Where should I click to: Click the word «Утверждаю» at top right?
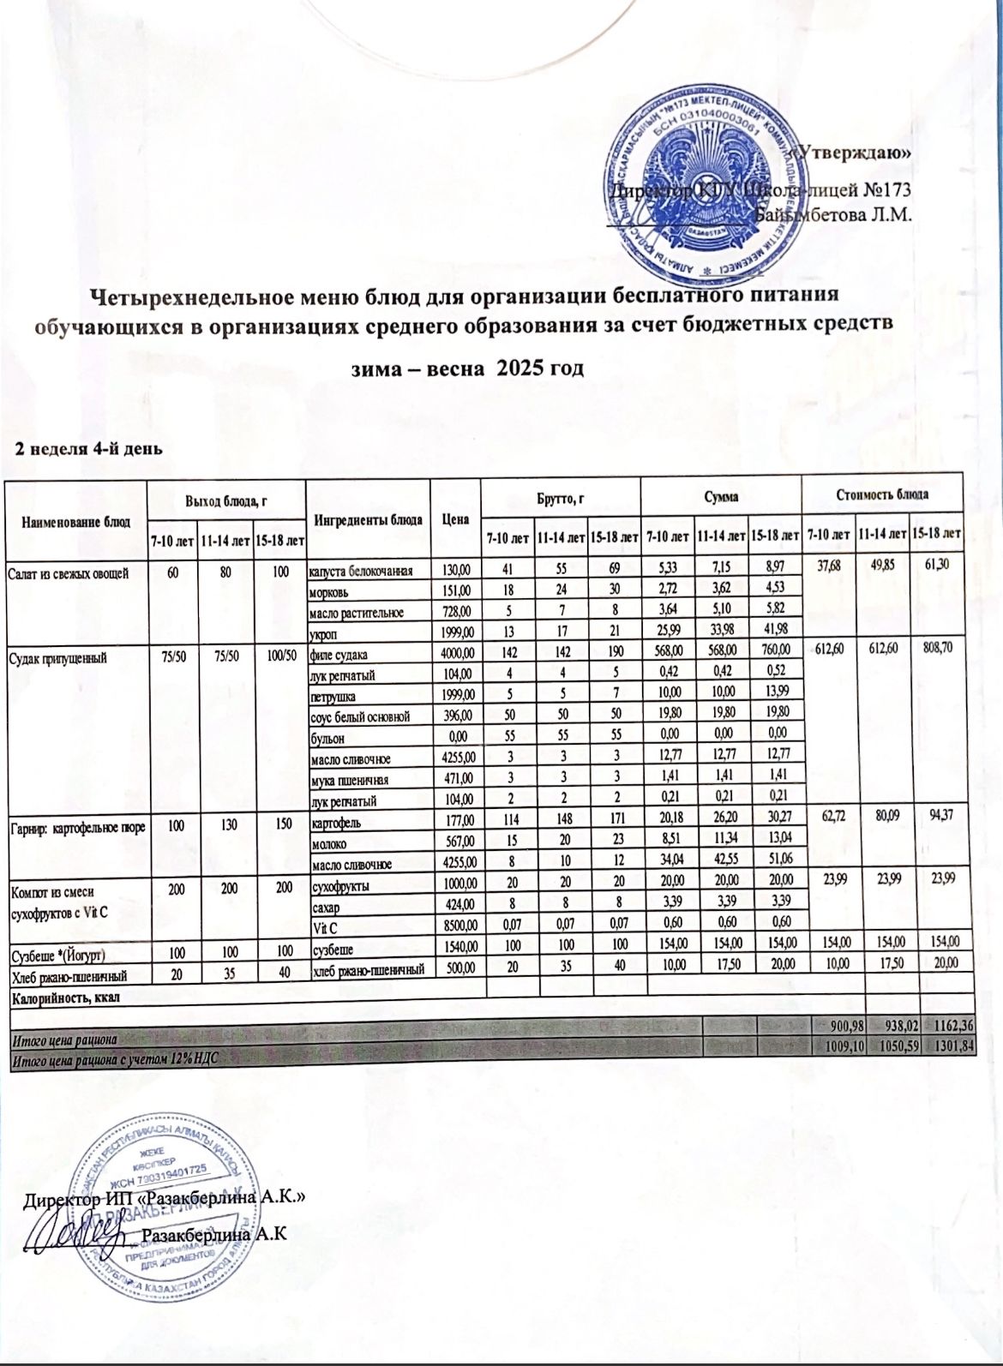(x=849, y=153)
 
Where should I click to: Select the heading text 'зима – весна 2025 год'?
(x=469, y=368)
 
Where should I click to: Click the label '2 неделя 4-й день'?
(x=85, y=448)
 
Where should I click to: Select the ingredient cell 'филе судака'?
(x=340, y=657)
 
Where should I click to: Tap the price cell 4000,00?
(x=456, y=657)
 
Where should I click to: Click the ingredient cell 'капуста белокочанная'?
(x=362, y=570)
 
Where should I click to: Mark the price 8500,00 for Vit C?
(x=456, y=924)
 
